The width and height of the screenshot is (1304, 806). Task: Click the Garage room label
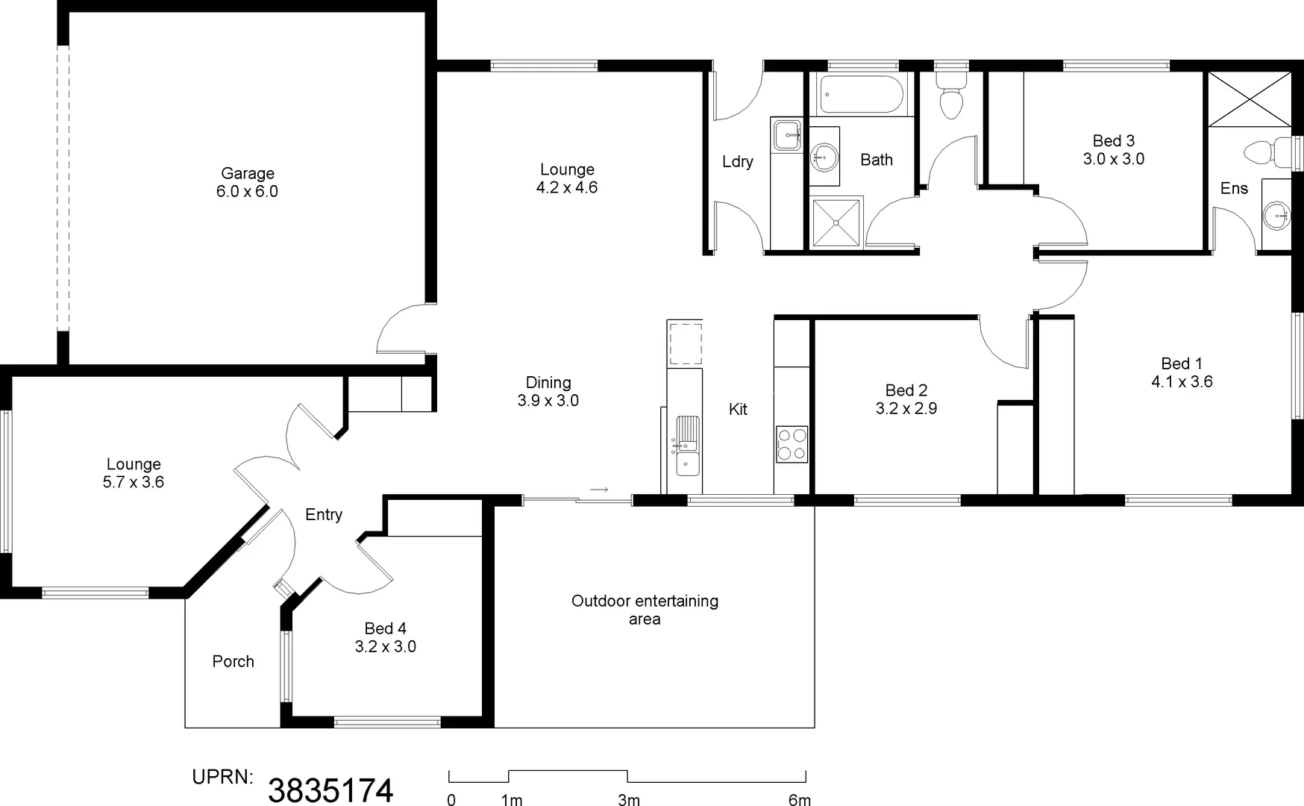coord(247,174)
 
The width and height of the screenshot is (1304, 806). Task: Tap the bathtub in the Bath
coord(861,94)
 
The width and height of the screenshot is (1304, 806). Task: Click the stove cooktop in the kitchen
coord(792,444)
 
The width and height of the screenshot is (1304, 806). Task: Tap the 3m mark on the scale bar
coord(628,800)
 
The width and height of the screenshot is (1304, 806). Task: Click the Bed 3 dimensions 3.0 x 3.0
coord(1113,159)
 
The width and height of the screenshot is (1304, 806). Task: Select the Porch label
coord(233,661)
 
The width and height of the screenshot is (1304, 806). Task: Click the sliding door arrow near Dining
coord(600,490)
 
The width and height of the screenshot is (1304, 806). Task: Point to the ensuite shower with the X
coord(1249,99)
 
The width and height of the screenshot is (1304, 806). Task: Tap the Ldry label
coord(737,161)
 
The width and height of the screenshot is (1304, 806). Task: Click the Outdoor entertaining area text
coord(645,610)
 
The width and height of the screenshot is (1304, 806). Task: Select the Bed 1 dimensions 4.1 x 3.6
coord(1182,382)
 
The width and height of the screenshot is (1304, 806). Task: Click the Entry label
coord(323,514)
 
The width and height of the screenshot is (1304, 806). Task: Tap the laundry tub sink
coord(786,136)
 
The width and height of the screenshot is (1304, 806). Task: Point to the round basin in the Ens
coord(1276,216)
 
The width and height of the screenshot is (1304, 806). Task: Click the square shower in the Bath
coord(836,222)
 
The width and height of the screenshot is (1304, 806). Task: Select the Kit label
coord(738,409)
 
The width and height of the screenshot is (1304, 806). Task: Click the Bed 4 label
coord(385,628)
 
